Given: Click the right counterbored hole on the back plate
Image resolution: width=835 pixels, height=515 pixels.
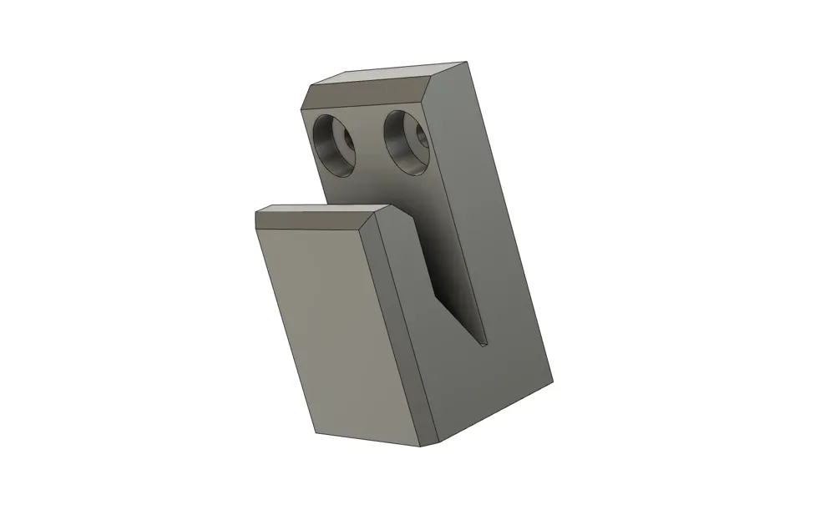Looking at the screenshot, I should point(407,143).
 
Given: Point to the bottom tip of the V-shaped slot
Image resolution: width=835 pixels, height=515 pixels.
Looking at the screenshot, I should point(483,343).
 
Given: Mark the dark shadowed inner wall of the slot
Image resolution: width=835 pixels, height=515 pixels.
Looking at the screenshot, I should point(455,267).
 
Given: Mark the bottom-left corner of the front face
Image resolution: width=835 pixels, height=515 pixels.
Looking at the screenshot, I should point(316,433).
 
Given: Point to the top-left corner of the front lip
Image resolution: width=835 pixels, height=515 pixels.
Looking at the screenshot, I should point(256,210).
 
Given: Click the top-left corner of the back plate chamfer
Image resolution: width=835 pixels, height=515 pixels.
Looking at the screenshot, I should point(311,85).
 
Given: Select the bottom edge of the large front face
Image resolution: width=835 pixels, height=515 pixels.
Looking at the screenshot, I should point(367,438).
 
